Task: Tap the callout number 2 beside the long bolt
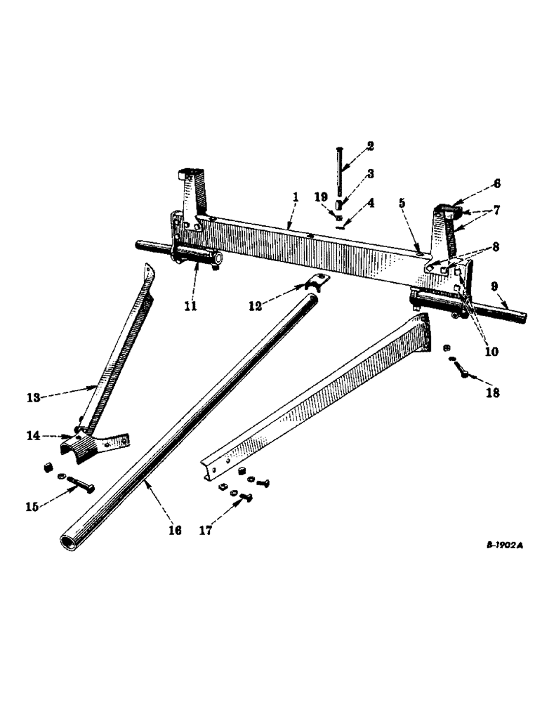pos(370,147)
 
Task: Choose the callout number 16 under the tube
pos(176,531)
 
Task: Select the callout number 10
pos(491,351)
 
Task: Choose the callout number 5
pos(402,204)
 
